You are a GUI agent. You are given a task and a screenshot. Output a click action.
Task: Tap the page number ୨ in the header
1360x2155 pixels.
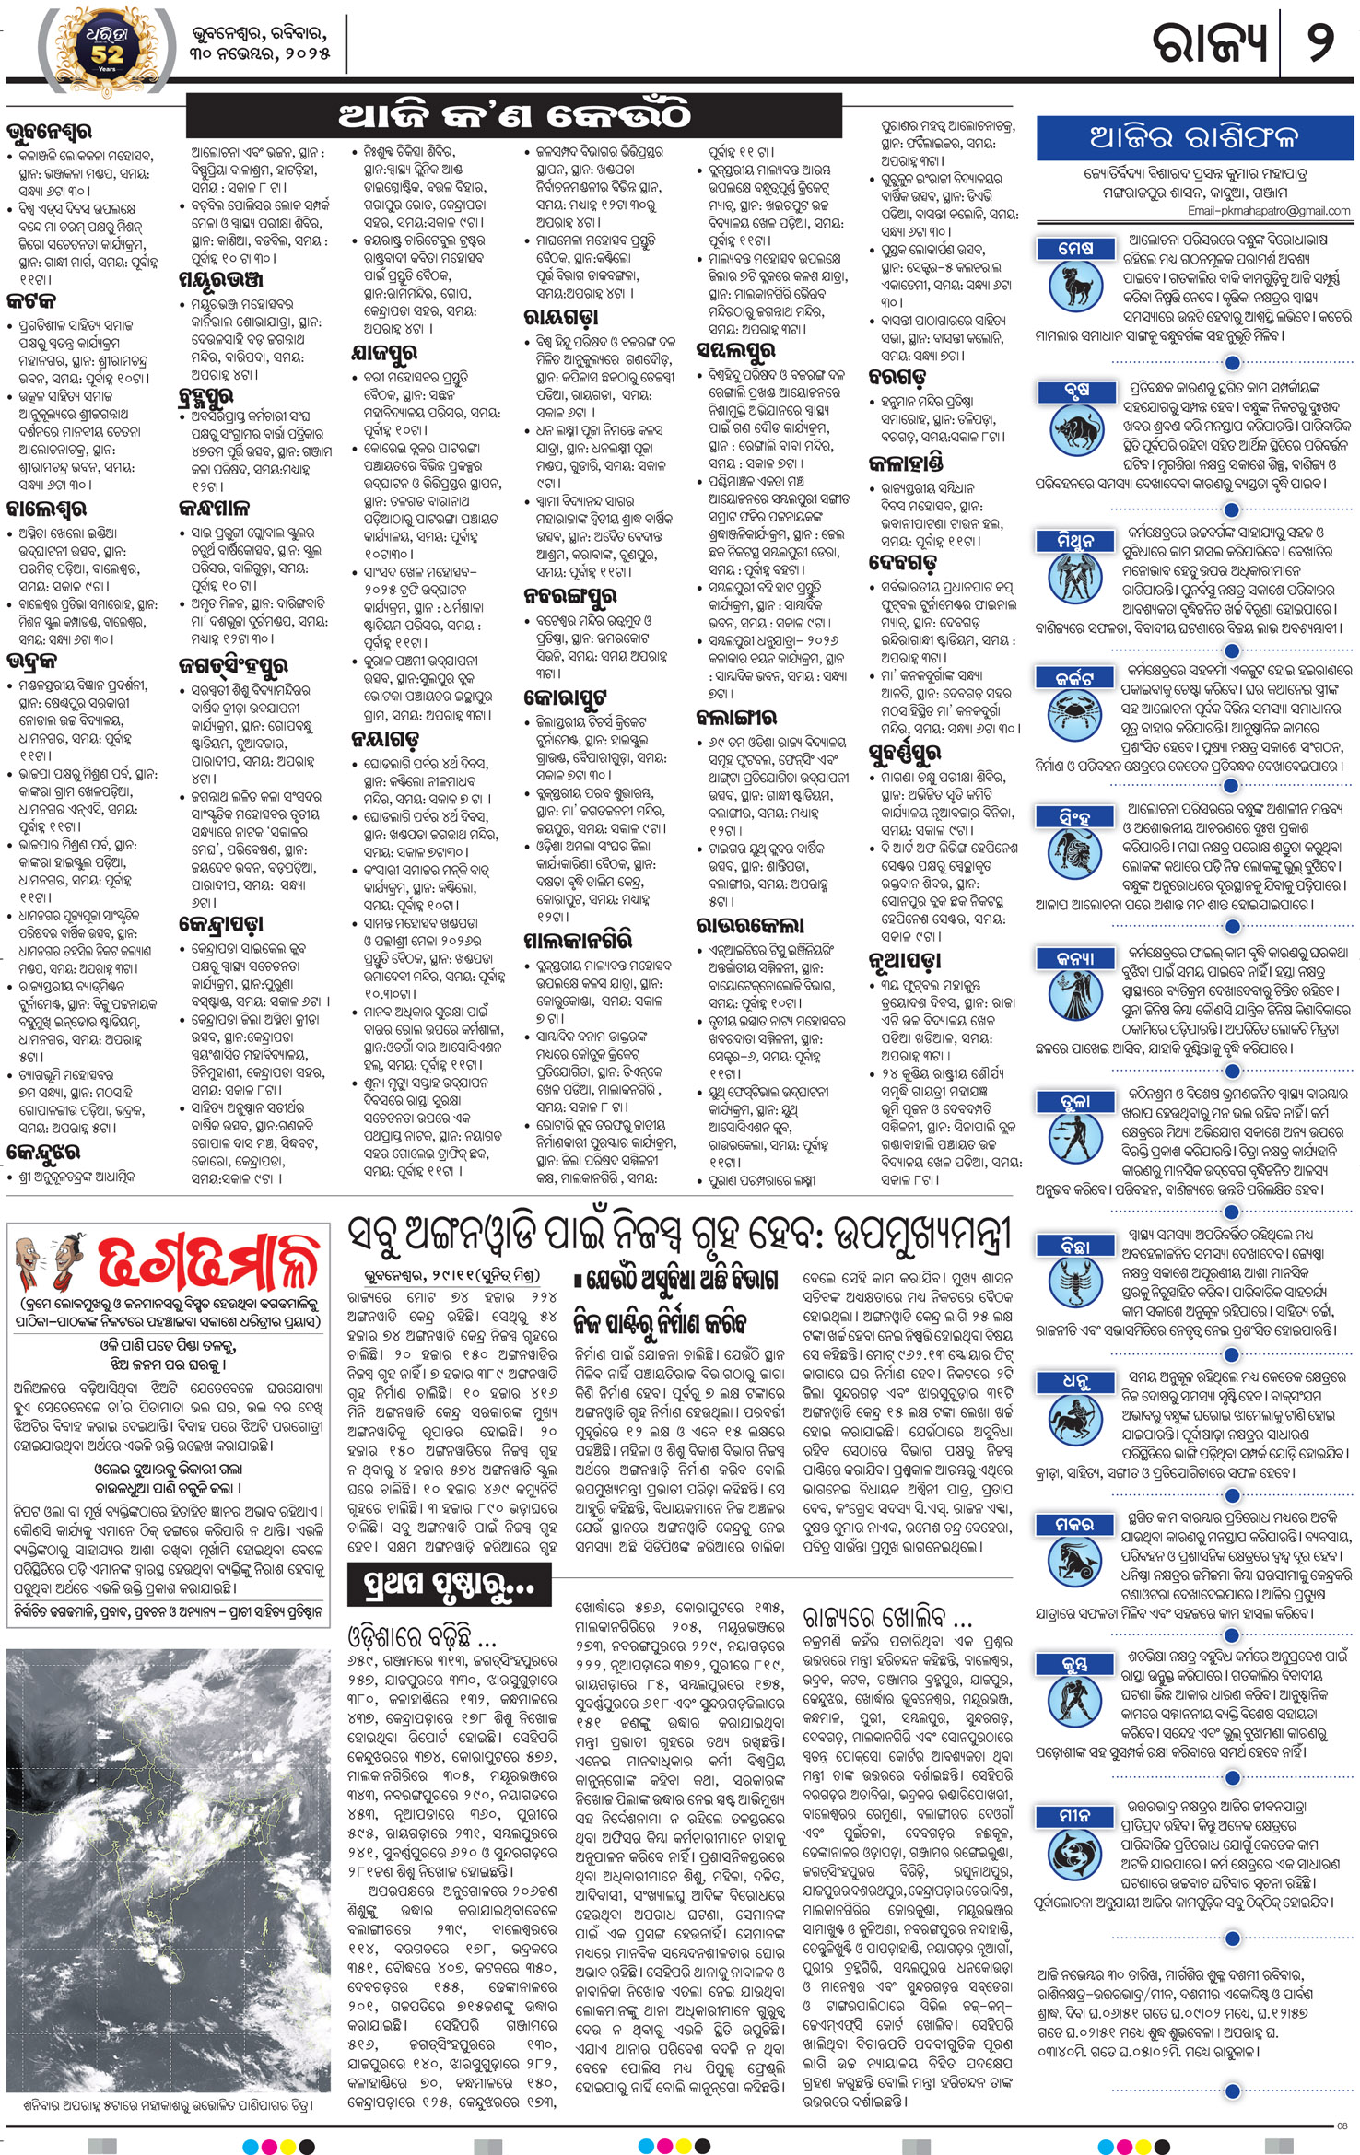tap(1319, 43)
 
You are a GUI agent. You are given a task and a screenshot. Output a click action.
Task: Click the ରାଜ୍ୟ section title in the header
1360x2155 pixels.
tap(1211, 43)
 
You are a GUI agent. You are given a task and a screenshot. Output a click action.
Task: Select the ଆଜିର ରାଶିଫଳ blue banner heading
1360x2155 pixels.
tap(1194, 137)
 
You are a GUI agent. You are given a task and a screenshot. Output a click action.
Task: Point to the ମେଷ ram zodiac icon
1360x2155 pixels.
tap(1075, 285)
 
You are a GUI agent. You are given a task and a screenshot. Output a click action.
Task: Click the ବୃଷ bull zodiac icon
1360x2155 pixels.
tap(1075, 427)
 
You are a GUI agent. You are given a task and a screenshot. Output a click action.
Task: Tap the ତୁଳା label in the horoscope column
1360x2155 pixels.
tap(1075, 1102)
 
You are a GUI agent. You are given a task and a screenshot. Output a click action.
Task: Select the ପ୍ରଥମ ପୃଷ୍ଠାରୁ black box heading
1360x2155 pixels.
tap(449, 1584)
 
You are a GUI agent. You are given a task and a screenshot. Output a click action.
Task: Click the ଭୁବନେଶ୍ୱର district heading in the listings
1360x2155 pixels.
tap(50, 132)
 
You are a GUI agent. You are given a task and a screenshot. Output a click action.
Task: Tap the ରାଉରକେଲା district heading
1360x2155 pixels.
tap(750, 925)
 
